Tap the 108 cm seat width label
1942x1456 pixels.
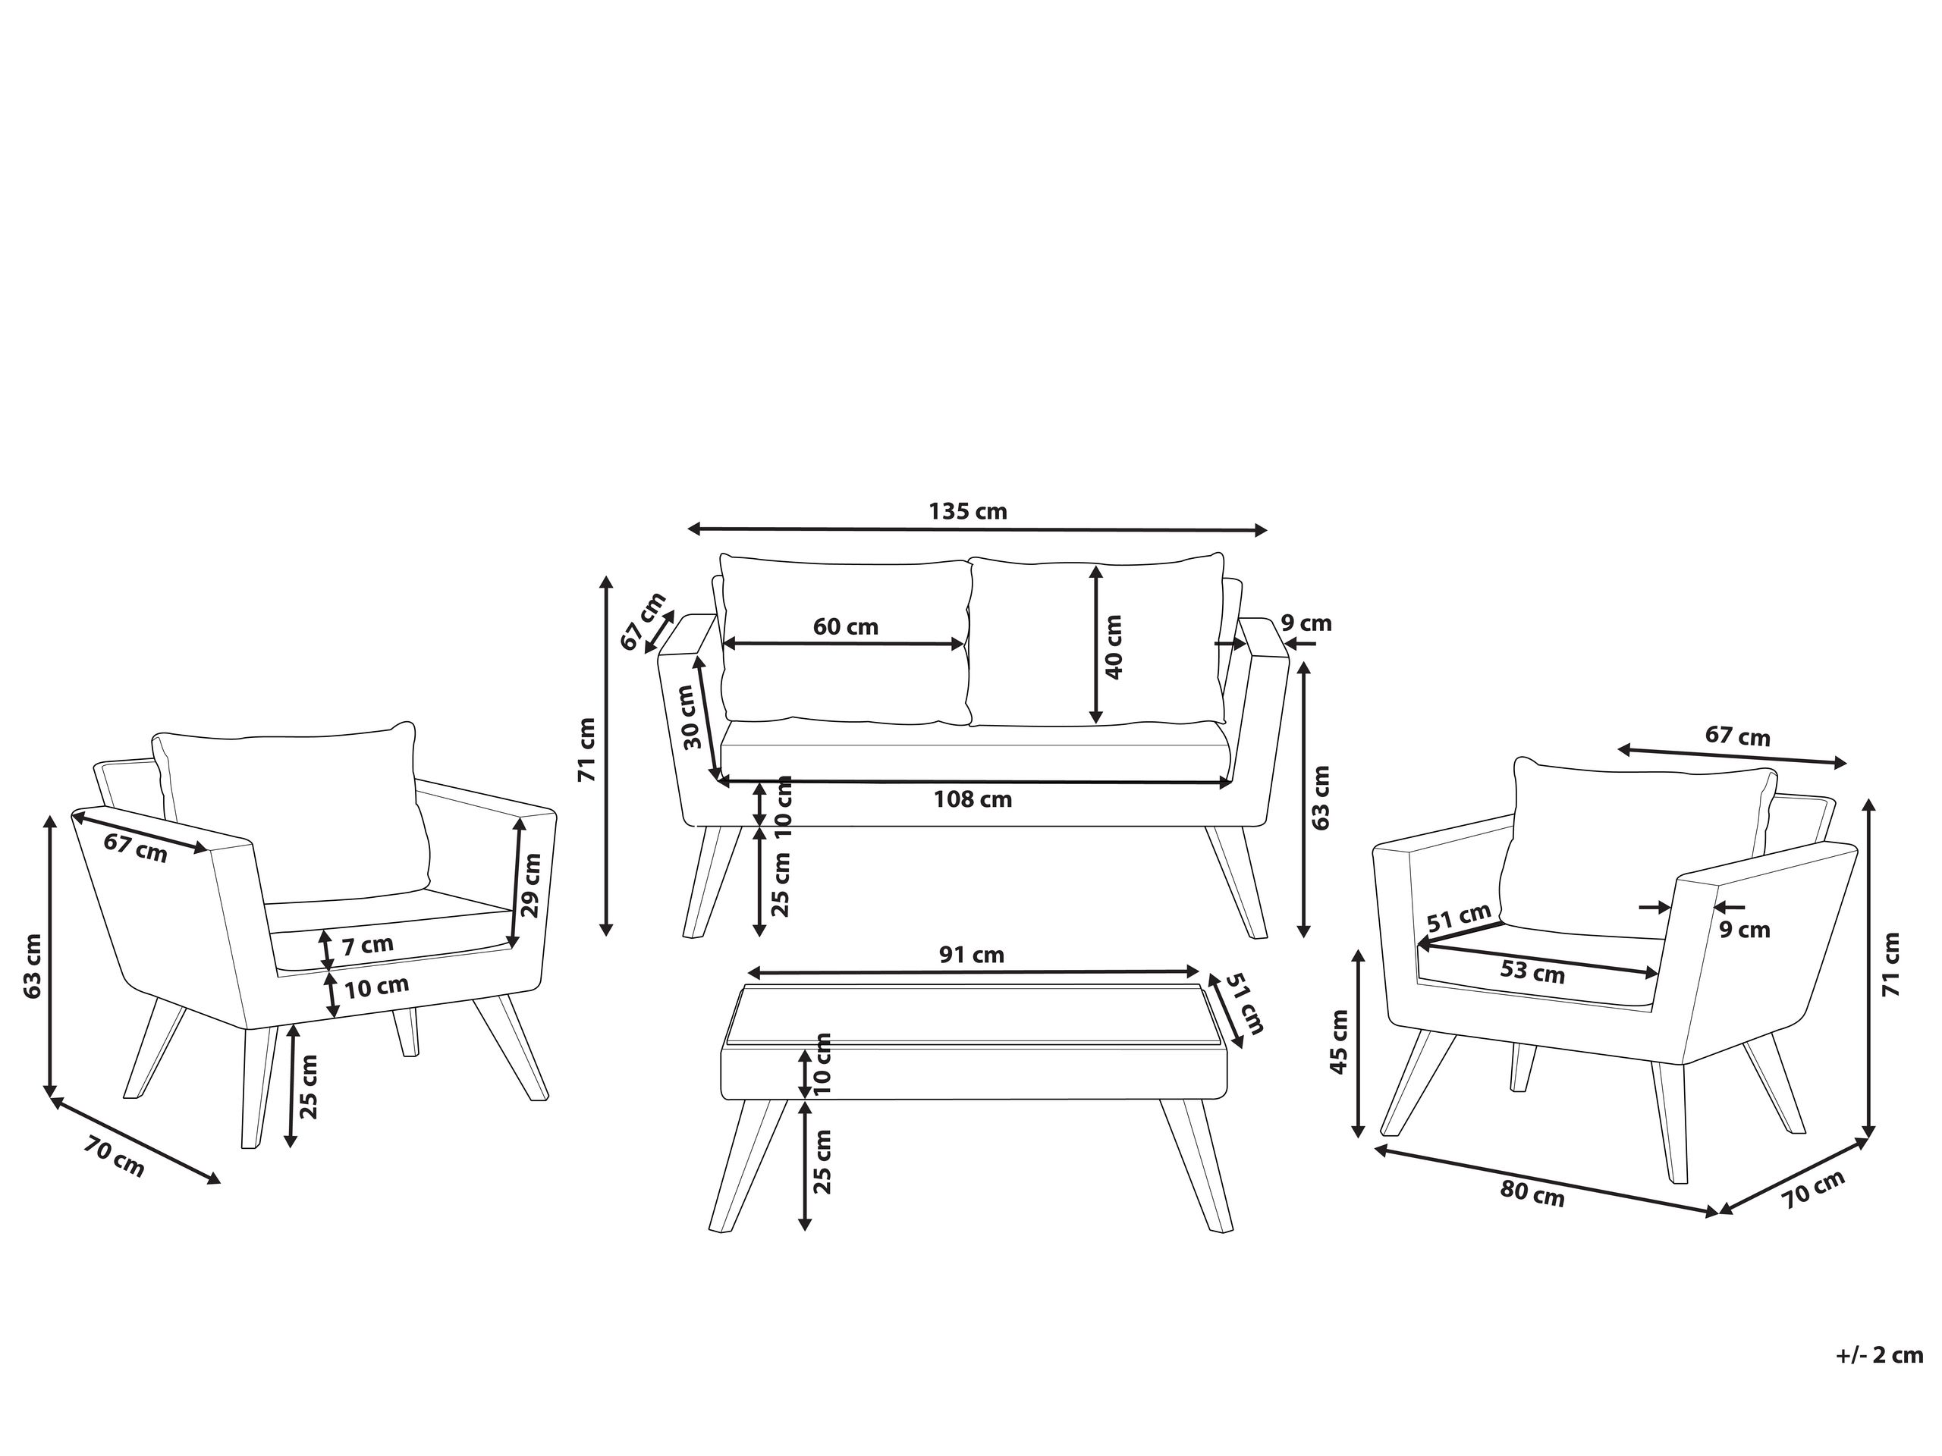click(x=972, y=799)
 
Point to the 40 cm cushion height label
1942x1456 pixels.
click(x=1113, y=647)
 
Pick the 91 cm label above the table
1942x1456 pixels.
click(x=971, y=955)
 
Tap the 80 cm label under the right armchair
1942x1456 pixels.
click(x=1532, y=1194)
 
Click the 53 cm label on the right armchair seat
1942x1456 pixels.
click(x=1533, y=972)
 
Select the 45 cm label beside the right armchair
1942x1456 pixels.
click(x=1338, y=1042)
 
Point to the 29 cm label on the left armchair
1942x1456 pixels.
click(x=531, y=885)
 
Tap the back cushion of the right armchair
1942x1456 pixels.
click(x=1633, y=843)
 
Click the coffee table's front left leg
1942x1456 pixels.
click(x=746, y=1167)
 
